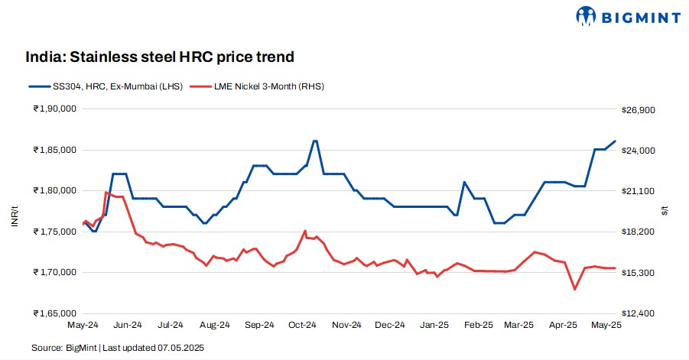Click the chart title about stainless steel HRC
[160, 57]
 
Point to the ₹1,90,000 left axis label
[54, 109]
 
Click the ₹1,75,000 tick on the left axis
[54, 231]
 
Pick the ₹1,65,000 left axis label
[54, 313]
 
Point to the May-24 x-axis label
[83, 325]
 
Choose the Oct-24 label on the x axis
[302, 325]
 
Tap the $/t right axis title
[664, 210]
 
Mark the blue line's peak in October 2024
[315, 141]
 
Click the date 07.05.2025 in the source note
[181, 348]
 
